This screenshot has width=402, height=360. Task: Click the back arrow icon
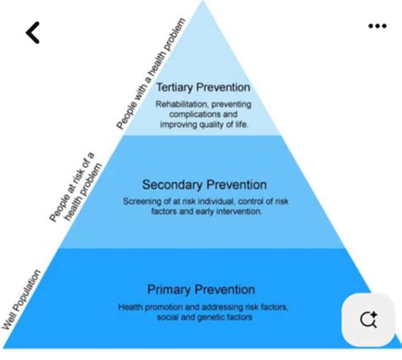pyautogui.click(x=33, y=33)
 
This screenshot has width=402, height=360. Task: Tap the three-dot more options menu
pyautogui.click(x=377, y=26)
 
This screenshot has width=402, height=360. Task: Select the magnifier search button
pyautogui.click(x=368, y=319)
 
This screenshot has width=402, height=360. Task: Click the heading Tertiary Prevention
pyautogui.click(x=204, y=87)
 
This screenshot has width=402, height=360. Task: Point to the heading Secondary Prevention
pyautogui.click(x=204, y=185)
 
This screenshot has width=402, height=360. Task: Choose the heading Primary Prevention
pyautogui.click(x=201, y=290)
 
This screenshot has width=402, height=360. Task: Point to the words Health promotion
pyautogui.click(x=150, y=307)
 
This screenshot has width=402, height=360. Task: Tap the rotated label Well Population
pyautogui.click(x=21, y=300)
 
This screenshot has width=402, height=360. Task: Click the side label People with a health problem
pyautogui.click(x=151, y=74)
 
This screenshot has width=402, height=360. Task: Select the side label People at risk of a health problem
pyautogui.click(x=75, y=187)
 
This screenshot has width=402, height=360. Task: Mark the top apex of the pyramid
pyautogui.click(x=203, y=1)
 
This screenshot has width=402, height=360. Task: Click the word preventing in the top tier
pyautogui.click(x=232, y=104)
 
